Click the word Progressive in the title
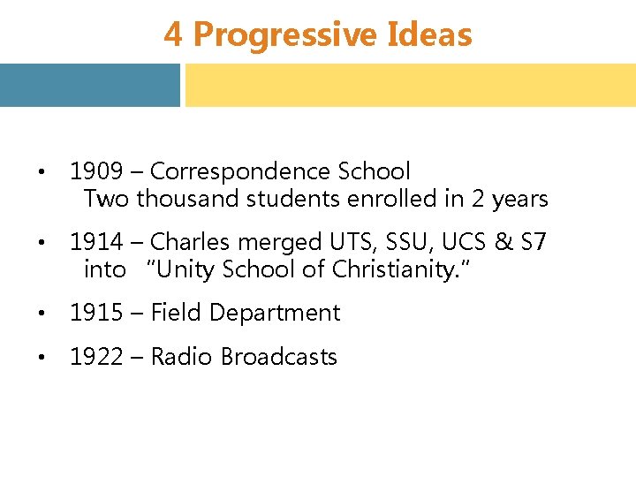coord(284,35)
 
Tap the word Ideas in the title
coord(429,35)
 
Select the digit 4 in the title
coord(173,35)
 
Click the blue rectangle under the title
coord(89,85)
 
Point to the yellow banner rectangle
coord(410,85)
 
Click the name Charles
coord(190,241)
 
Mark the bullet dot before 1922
coord(42,358)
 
